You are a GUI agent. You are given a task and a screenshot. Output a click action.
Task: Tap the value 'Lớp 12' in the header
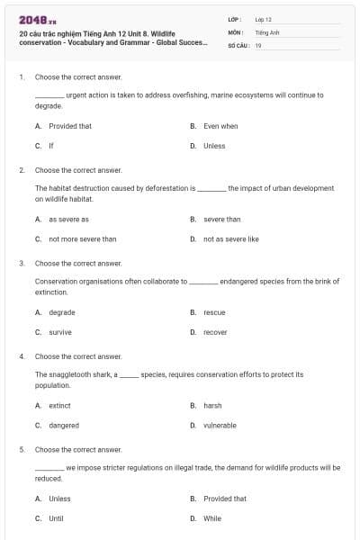(x=263, y=19)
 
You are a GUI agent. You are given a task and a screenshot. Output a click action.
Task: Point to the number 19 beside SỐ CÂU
(x=258, y=45)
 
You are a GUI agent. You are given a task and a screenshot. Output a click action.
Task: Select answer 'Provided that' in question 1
(x=69, y=126)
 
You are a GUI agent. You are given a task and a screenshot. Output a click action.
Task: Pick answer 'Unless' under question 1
(x=214, y=146)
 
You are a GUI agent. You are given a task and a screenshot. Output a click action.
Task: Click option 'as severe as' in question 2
(x=68, y=219)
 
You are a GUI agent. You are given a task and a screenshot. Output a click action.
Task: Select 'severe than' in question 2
(x=221, y=219)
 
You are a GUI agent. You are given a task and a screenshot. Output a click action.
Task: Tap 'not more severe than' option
(x=82, y=239)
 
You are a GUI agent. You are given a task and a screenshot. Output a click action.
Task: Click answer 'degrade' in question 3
(x=61, y=312)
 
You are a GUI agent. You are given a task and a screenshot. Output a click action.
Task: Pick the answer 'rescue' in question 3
(x=214, y=312)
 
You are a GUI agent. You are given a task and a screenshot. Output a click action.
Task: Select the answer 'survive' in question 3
(x=60, y=332)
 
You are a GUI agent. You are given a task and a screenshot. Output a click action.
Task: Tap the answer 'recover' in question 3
(x=215, y=332)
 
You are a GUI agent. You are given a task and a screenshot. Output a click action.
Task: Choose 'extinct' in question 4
(x=59, y=406)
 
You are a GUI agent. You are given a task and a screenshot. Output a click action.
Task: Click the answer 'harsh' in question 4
(x=212, y=406)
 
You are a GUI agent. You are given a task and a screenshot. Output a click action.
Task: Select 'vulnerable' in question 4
(x=220, y=426)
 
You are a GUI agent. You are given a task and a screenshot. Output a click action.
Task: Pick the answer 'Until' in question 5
(x=56, y=518)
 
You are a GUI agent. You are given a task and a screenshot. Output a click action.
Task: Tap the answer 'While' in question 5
(x=212, y=518)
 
